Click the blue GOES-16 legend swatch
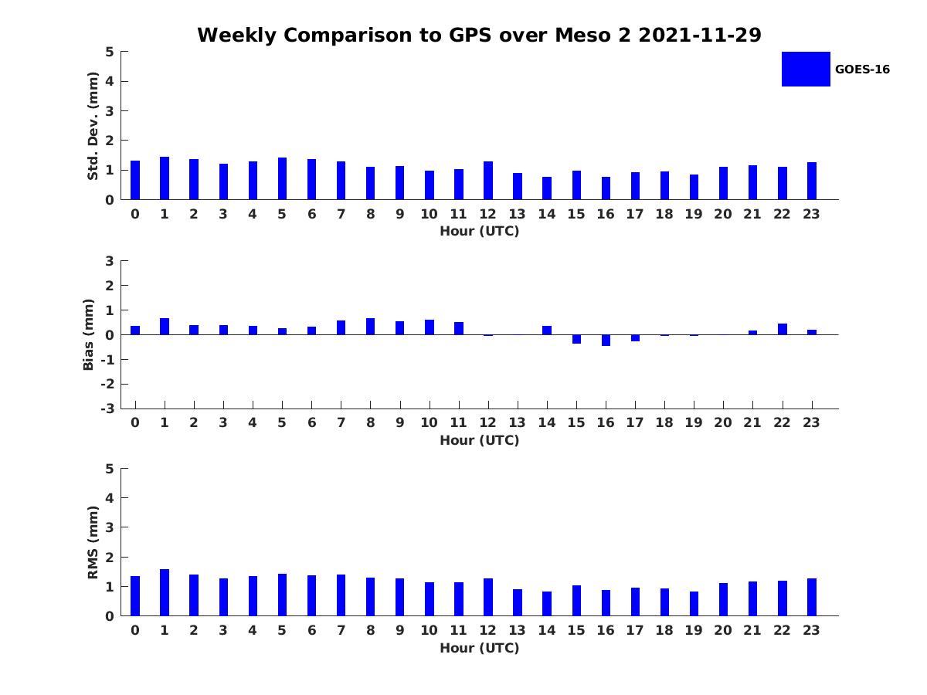pyautogui.click(x=805, y=69)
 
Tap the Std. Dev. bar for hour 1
pyautogui.click(x=165, y=178)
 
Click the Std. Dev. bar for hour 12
pyautogui.click(x=488, y=181)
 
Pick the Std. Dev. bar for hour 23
pyautogui.click(x=812, y=181)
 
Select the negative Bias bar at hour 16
pyautogui.click(x=606, y=340)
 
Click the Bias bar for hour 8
pyautogui.click(x=371, y=327)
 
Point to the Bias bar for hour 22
pyautogui.click(x=783, y=329)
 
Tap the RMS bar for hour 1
pyautogui.click(x=165, y=592)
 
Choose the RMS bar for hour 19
pyautogui.click(x=694, y=604)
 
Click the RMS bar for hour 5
pyautogui.click(x=282, y=595)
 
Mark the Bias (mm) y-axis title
pyautogui.click(x=89, y=334)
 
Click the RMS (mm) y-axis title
pyautogui.click(x=93, y=542)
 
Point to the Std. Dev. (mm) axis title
pyautogui.click(x=93, y=126)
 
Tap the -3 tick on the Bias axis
pyautogui.click(x=109, y=409)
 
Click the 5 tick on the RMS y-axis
pyautogui.click(x=110, y=468)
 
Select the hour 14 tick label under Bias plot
pyautogui.click(x=547, y=423)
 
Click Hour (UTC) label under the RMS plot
pyautogui.click(x=479, y=648)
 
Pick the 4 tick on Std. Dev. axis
pyautogui.click(x=110, y=81)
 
